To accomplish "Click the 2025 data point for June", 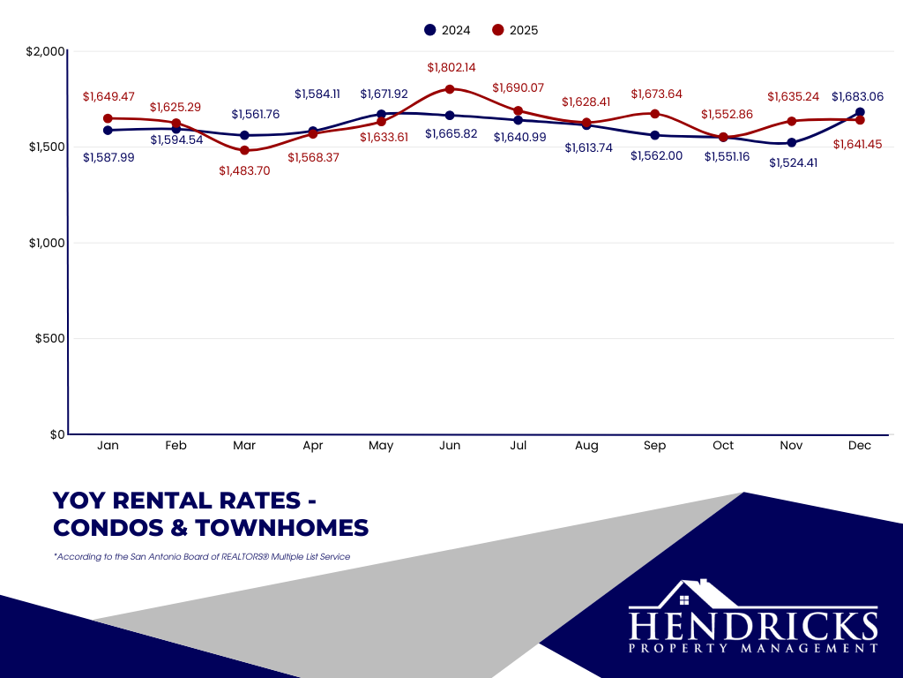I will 450,89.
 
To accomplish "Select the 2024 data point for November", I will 791,142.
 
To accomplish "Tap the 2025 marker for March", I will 244,151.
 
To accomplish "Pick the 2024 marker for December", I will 860,112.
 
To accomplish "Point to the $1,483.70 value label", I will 244,171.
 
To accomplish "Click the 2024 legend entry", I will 447,30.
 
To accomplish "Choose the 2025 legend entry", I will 515,30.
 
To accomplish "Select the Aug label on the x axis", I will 586,446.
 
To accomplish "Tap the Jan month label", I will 108,446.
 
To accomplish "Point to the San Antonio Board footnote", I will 202,557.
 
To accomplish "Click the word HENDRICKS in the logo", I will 753,626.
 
